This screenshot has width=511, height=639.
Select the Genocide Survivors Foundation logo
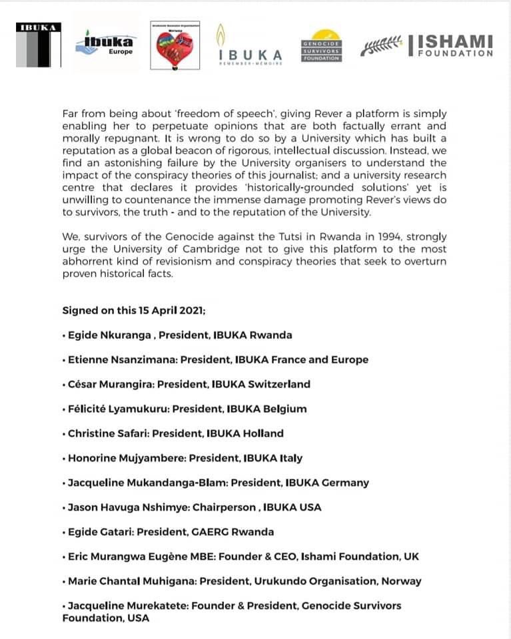[321, 46]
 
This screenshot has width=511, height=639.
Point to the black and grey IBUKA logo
[39, 45]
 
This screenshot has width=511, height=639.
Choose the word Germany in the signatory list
[344, 483]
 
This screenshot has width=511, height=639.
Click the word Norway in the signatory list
[402, 581]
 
